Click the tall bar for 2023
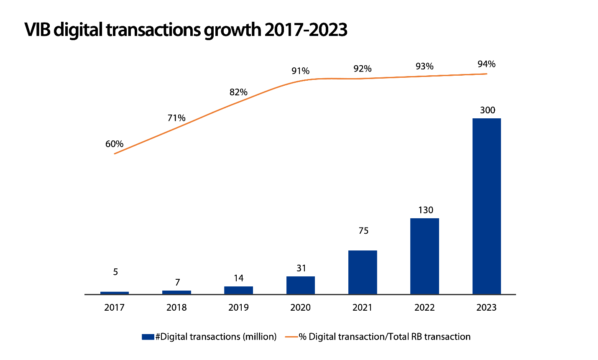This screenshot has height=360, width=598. point(486,206)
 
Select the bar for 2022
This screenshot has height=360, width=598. point(424,256)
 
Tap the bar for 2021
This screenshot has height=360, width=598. point(363,272)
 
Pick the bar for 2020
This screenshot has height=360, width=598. point(301,285)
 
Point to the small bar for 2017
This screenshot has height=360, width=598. point(115,293)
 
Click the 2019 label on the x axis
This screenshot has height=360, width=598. point(238,308)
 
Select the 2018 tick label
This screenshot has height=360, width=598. point(176,308)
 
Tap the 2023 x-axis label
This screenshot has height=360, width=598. point(486,308)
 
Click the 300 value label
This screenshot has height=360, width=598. point(487,110)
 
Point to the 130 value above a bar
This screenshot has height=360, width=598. point(425,210)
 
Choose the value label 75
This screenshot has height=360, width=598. point(363,231)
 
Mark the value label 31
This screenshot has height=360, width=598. point(301,268)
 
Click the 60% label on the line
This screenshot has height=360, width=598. point(114,144)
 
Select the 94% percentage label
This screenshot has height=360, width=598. point(486,64)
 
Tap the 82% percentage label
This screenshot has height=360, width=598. point(238,92)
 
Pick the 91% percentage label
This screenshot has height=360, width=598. point(300,71)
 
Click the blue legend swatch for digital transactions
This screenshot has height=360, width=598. point(148,337)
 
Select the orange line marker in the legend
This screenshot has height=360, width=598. point(291,337)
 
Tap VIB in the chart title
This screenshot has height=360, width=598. point(38,30)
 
